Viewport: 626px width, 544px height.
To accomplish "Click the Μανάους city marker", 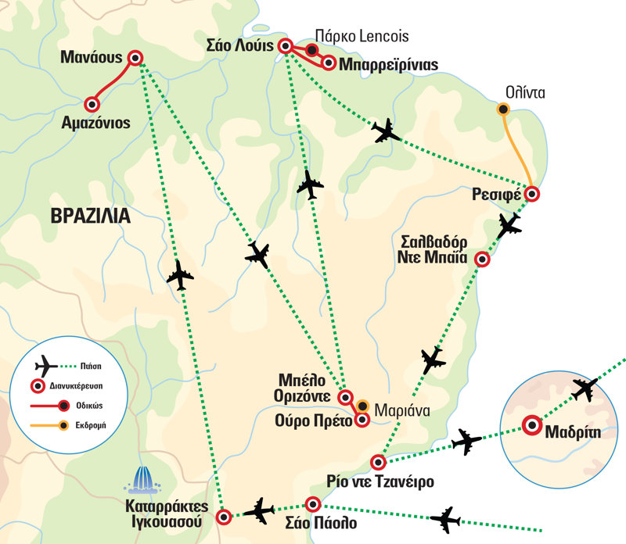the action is tap(135, 58).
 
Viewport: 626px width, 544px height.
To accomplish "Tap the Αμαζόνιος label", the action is tap(95, 123).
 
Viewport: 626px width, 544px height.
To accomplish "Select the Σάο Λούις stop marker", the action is tap(285, 46).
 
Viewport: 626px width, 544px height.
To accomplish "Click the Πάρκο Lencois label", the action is tap(362, 36).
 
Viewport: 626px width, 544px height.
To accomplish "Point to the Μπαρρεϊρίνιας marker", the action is tap(329, 63).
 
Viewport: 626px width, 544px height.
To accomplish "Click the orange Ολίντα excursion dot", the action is tap(502, 109).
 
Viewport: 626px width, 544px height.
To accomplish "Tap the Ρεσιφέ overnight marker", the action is tap(532, 194).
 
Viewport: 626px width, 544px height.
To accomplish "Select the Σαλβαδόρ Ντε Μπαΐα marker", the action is tap(482, 259).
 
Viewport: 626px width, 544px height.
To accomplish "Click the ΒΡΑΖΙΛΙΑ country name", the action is tap(91, 216).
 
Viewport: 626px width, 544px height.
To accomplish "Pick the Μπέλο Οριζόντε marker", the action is tap(345, 397).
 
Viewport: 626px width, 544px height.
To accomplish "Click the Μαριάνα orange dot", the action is tap(362, 406).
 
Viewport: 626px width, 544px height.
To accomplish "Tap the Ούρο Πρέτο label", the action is tap(314, 421).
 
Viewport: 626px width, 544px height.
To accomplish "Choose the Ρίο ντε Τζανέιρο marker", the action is tap(378, 462).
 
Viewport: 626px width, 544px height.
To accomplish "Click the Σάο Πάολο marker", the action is tap(312, 504).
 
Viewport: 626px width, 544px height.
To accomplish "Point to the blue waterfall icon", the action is tap(142, 480).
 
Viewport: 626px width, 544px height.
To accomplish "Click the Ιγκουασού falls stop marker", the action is tap(224, 517).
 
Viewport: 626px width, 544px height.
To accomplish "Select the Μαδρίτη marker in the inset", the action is tap(532, 425).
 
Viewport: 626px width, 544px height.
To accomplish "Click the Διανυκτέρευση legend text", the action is tap(76, 386).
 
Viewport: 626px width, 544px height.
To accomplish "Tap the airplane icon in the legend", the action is tap(46, 366).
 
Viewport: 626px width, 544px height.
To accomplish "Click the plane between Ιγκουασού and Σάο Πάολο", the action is tap(259, 511).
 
